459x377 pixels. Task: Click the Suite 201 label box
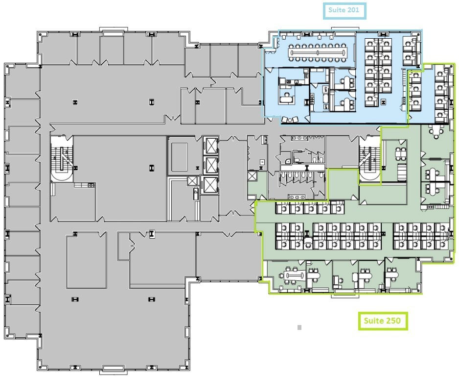(344, 10)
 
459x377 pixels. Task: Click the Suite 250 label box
(382, 321)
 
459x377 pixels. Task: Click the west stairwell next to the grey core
(62, 159)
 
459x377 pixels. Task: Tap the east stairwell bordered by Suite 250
(369, 159)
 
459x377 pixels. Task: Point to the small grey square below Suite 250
(299, 327)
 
